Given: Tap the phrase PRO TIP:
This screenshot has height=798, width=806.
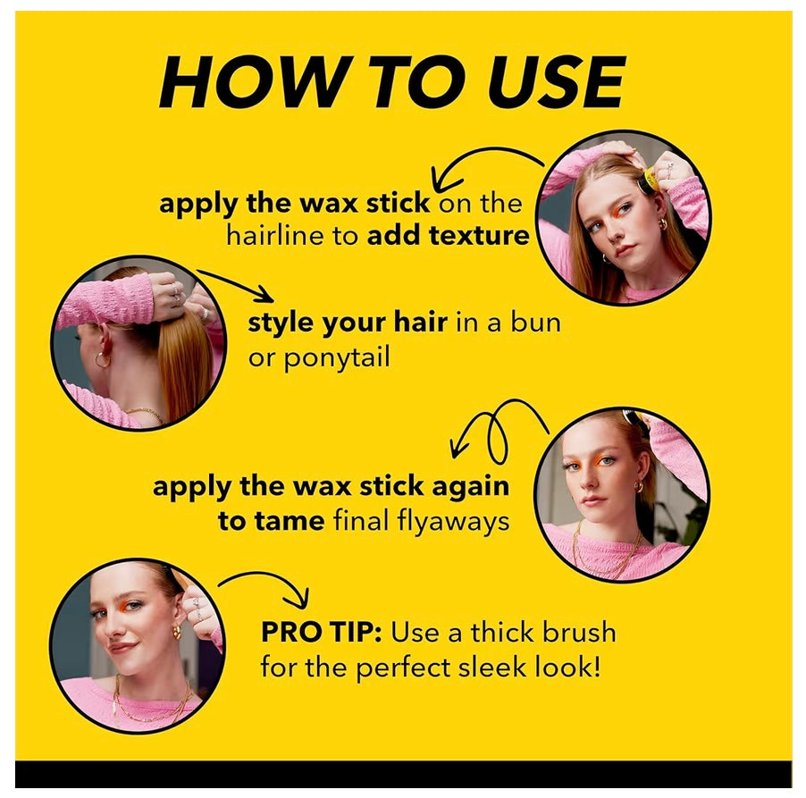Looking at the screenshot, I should pos(321,633).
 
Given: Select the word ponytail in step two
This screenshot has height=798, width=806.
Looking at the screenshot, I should pos(340,357).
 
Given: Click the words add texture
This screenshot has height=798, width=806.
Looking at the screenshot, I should pos(449,237).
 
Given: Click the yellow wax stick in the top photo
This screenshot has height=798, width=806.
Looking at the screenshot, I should pos(650,180).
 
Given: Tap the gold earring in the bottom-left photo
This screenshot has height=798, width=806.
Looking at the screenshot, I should pos(176,633).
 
